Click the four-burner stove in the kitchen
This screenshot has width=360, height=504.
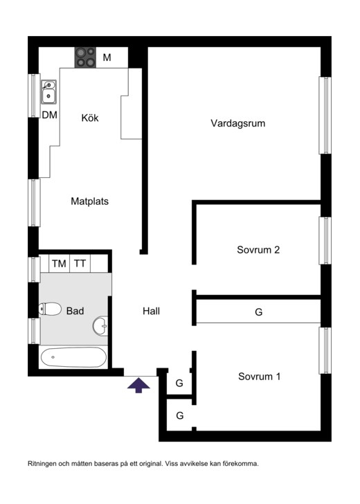coord(85,57)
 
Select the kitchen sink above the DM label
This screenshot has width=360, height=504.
coord(48,91)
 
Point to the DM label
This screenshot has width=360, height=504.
coord(49,115)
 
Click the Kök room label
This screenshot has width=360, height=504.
coord(90,118)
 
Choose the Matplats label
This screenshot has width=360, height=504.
coord(90,201)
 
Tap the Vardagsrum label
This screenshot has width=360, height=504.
coord(238,123)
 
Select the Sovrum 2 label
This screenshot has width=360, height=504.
coord(258,250)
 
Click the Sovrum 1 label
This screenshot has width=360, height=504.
coord(259,377)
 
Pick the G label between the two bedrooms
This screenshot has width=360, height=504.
coord(258,312)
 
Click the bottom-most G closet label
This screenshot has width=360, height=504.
coord(179,415)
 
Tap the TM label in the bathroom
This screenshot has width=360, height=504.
coord(59,264)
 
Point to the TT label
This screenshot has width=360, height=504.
coord(80,264)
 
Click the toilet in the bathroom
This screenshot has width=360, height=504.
coord(50,309)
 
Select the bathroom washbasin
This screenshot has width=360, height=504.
coord(101,323)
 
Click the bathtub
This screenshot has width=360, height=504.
coord(73,359)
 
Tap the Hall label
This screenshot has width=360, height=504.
coord(151,312)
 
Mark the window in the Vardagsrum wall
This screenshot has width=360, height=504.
coord(324,115)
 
